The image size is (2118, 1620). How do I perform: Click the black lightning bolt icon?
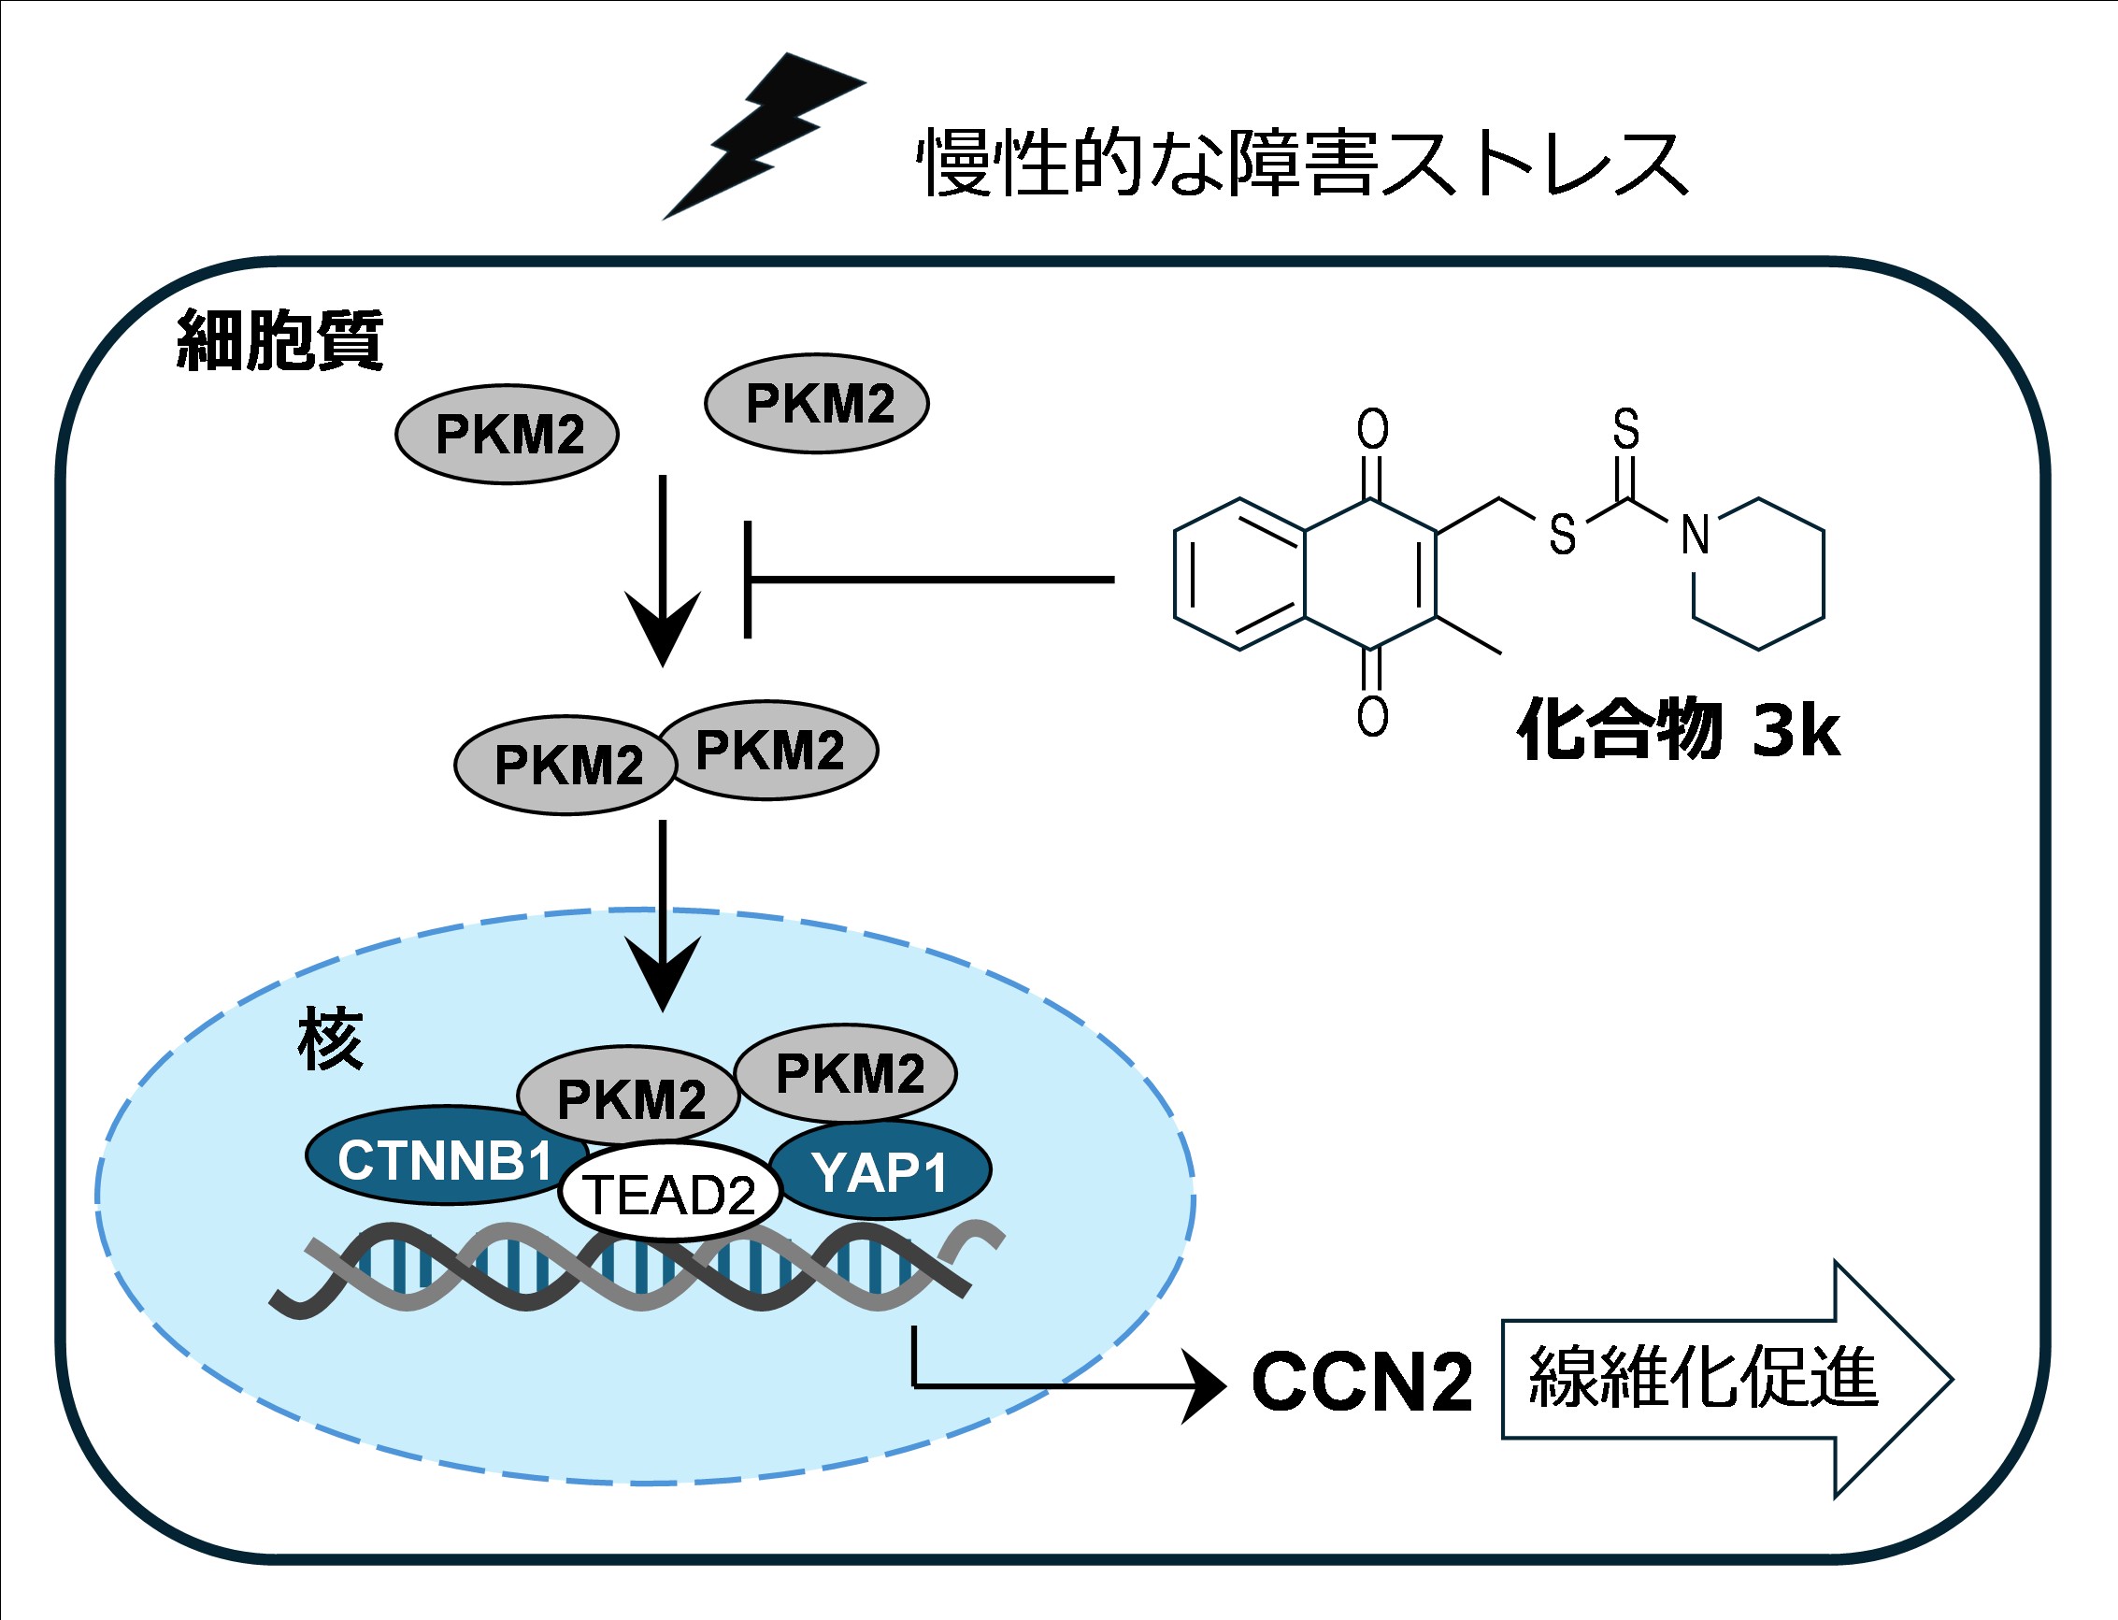point(762,135)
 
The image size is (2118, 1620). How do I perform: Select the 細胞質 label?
point(279,339)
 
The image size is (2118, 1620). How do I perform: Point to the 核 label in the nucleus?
point(330,1039)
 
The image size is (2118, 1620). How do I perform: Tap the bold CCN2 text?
point(1361,1382)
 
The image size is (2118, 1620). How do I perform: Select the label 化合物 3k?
point(1678,730)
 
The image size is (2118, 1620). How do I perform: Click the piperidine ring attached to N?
point(1758,574)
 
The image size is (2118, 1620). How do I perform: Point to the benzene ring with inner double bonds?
point(1239,574)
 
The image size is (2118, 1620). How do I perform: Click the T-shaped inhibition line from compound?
point(925,580)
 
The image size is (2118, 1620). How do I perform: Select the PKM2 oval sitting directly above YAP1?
point(847,1073)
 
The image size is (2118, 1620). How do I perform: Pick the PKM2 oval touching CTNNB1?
point(628,1097)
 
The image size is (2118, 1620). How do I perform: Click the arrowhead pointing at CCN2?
point(1205,1386)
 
